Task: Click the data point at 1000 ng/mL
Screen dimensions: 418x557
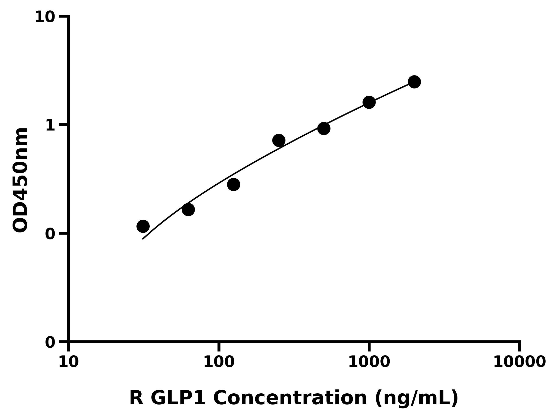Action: [369, 102]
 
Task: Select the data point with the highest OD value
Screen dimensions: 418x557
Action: [414, 82]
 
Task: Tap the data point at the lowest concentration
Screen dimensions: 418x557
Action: [143, 226]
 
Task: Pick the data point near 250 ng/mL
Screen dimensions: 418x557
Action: [279, 140]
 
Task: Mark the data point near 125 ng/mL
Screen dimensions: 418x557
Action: [233, 184]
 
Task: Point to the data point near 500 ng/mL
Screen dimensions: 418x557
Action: [324, 128]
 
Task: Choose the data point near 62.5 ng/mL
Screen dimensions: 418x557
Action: [188, 209]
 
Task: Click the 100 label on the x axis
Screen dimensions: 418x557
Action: [219, 362]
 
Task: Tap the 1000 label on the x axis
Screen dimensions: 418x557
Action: [369, 362]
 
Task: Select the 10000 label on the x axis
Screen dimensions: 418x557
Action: [519, 362]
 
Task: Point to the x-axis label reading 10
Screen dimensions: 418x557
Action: [68, 362]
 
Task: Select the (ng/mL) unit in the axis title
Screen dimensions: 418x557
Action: [417, 398]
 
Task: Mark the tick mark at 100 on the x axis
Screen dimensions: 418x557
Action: [219, 347]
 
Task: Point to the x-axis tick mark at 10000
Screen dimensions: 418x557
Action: [519, 347]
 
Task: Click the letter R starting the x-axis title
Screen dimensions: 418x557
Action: [136, 398]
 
